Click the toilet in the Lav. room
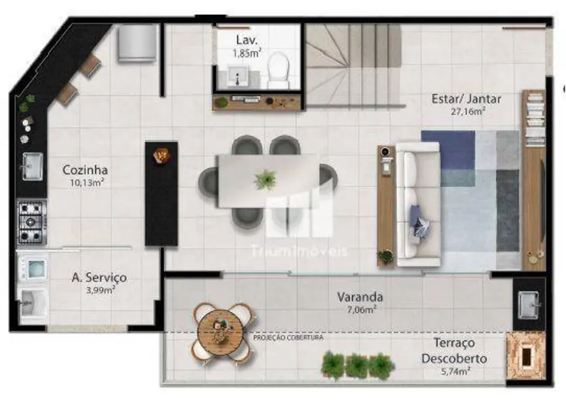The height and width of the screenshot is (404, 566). (277, 69)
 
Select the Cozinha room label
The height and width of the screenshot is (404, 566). (85, 170)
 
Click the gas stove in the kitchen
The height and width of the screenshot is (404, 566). (32, 223)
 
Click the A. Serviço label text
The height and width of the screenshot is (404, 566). (98, 277)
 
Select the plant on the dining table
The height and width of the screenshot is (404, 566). (266, 180)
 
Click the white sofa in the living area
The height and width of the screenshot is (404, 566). (418, 204)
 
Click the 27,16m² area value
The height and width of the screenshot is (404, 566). (468, 112)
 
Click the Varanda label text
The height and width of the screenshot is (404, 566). (360, 297)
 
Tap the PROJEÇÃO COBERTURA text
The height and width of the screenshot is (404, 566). (288, 338)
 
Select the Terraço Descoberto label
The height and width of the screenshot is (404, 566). (453, 351)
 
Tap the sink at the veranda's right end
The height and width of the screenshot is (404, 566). (529, 305)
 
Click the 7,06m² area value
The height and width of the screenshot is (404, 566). (360, 310)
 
